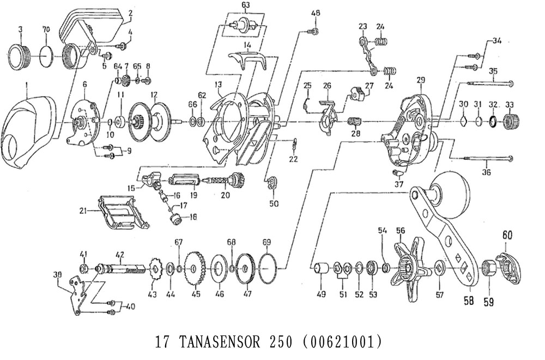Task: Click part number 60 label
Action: tap(507, 236)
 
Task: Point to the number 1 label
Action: tap(27, 83)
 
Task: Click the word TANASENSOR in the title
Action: tap(219, 342)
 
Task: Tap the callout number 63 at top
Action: tap(245, 5)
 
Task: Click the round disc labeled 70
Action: tap(47, 55)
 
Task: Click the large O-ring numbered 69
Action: tap(267, 269)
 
